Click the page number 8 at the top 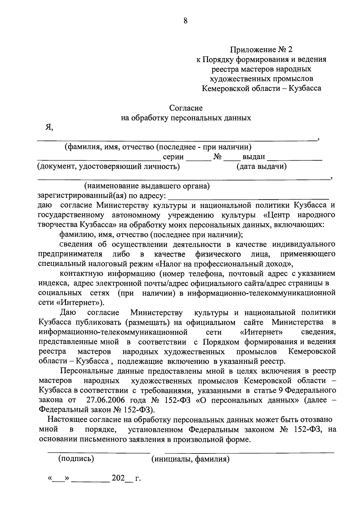pyautogui.click(x=185, y=21)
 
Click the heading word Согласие pyautogui.click(x=186, y=108)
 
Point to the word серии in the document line pyautogui.click(x=173, y=157)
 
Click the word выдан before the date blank pyautogui.click(x=254, y=157)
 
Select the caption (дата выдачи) pyautogui.click(x=261, y=167)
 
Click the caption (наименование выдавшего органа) pyautogui.click(x=147, y=186)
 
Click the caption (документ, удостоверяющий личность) pyautogui.click(x=108, y=167)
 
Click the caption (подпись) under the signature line pyautogui.click(x=76, y=459)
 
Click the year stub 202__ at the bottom pyautogui.click(x=121, y=478)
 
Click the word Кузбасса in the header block pyautogui.click(x=305, y=88)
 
